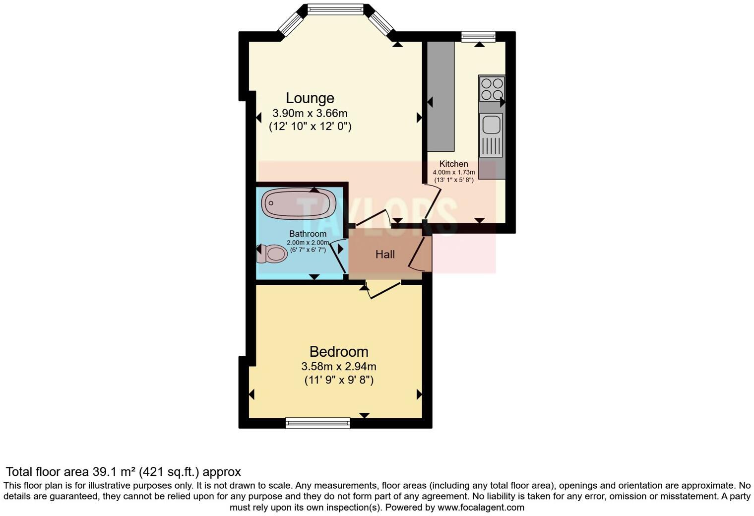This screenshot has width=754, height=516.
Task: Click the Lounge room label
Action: coord(310,98)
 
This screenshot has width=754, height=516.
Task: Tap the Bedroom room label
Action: coord(339,352)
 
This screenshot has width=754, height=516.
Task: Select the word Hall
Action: coord(385,255)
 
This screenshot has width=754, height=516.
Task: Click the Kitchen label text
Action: coord(453,164)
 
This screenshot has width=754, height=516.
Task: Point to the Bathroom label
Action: coord(308,234)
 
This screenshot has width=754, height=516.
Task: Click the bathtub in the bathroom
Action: coord(299,203)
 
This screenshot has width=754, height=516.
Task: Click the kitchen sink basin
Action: coord(491,124)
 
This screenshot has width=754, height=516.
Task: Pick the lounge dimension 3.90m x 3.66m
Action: coord(310,113)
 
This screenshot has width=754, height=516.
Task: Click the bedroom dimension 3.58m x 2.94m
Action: coord(339,367)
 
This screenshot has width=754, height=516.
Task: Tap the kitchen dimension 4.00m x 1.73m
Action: coord(453,172)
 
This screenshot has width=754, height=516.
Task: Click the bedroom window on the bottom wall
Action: coord(317,423)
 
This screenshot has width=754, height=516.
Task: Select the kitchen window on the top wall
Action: coord(478,36)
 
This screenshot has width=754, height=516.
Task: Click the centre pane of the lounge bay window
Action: coord(335,8)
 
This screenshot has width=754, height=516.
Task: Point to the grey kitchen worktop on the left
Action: coord(441,97)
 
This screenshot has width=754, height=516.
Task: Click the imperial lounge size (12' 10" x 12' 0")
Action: coord(310,127)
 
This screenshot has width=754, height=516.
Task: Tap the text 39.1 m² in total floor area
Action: coord(114,472)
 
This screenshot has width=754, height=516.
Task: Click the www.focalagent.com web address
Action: coord(481,508)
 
